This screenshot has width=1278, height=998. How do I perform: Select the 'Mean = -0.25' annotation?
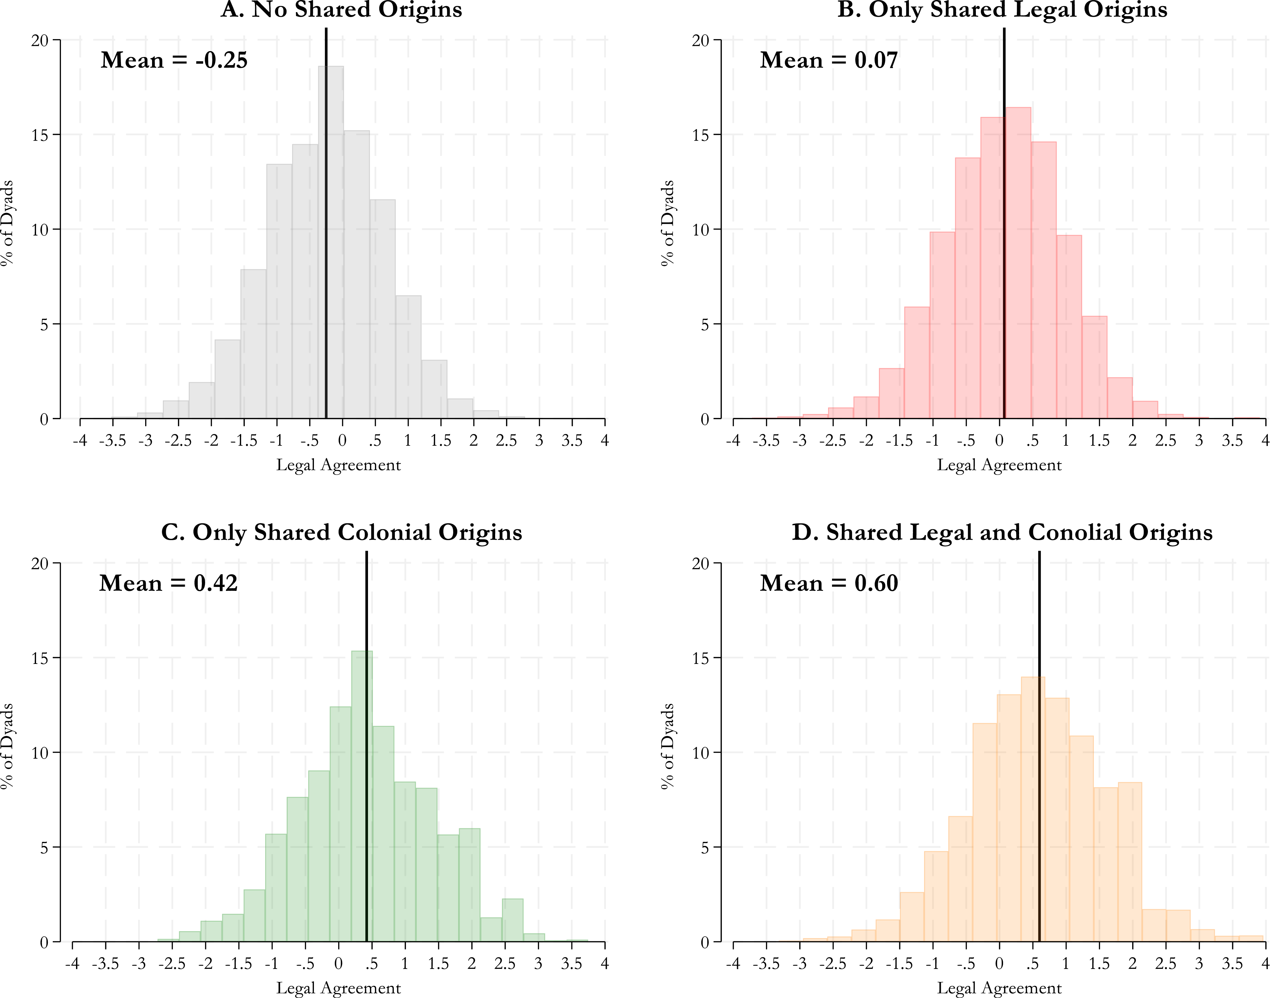[x=174, y=60]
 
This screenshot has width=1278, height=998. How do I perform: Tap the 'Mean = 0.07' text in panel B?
[x=829, y=60]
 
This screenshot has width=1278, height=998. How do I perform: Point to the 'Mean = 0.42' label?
[x=168, y=583]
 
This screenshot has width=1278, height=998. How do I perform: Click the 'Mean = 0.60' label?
[x=829, y=583]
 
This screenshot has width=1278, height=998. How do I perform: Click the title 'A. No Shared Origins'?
[x=341, y=9]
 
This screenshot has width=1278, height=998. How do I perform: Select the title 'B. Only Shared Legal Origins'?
[x=1002, y=9]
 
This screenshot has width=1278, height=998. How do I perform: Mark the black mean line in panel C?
[x=366, y=746]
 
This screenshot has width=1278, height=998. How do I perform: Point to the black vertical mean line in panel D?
[x=1039, y=746]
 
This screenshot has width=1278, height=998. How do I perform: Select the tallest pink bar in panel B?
[x=1018, y=263]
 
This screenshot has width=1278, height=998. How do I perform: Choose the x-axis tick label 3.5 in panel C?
[x=571, y=964]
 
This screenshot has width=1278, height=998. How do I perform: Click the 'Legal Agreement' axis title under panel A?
[x=338, y=465]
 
